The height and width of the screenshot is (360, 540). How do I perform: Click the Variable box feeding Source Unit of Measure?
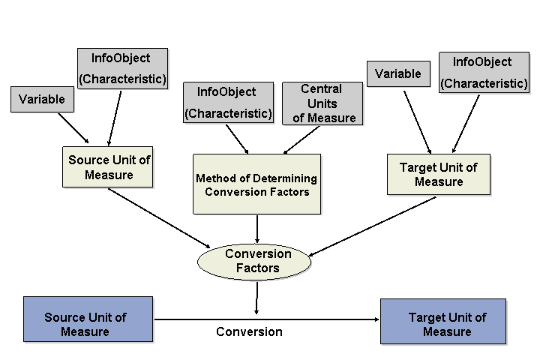click(42, 99)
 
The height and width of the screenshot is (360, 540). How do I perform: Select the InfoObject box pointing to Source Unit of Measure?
click(122, 67)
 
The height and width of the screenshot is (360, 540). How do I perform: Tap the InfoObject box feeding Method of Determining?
click(227, 103)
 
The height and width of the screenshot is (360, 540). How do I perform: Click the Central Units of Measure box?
click(322, 103)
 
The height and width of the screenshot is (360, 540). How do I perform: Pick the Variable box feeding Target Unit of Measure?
click(398, 73)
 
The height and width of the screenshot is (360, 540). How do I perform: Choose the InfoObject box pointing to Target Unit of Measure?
click(484, 73)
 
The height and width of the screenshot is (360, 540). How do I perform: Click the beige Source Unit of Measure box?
click(109, 167)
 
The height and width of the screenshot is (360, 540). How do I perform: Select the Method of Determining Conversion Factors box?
click(256, 184)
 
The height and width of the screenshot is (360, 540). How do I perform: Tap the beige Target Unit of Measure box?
click(438, 175)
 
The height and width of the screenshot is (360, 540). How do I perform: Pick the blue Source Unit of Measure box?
click(88, 324)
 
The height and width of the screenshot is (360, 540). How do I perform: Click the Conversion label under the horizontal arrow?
click(249, 331)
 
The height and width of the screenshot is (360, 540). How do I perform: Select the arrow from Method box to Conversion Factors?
click(257, 229)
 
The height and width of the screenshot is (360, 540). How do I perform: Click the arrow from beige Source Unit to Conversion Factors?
click(159, 217)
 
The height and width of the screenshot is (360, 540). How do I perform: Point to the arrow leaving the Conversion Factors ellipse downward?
click(256, 296)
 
